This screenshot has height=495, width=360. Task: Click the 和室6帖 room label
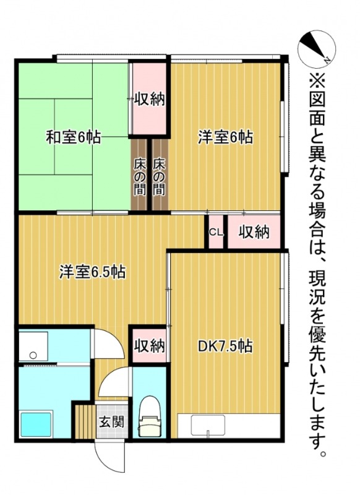click(73, 137)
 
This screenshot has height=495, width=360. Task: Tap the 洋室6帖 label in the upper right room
click(225, 137)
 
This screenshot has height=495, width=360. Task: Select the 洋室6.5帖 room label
click(93, 271)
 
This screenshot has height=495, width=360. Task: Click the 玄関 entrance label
click(112, 423)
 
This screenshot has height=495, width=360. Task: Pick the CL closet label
click(215, 233)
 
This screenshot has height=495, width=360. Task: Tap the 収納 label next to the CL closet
click(254, 232)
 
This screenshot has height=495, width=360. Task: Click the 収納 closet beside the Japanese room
click(149, 99)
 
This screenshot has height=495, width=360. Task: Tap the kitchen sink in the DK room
click(207, 426)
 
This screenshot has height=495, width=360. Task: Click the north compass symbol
click(317, 48)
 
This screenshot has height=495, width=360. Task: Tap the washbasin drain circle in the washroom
click(32, 355)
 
